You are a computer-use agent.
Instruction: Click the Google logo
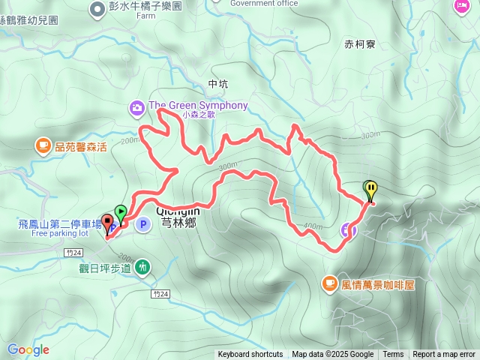tap(28, 349)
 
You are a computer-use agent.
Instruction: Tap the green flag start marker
tap(120, 213)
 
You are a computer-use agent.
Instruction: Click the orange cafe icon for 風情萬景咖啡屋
tap(329, 283)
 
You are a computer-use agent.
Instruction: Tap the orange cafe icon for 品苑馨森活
tap(43, 145)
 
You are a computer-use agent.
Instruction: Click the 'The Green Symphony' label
tap(198, 106)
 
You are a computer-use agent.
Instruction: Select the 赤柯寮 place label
tap(360, 44)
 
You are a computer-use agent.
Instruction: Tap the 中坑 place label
tap(217, 83)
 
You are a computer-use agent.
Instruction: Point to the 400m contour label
tap(313, 226)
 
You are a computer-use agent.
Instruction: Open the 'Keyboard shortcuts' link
tap(250, 355)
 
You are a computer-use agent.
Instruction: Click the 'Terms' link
tap(393, 355)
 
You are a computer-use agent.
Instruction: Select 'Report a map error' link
tap(444, 355)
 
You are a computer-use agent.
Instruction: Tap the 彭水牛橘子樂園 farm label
tap(145, 6)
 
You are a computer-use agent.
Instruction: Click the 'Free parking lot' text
tap(59, 233)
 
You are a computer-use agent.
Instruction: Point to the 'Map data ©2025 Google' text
tap(333, 355)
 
